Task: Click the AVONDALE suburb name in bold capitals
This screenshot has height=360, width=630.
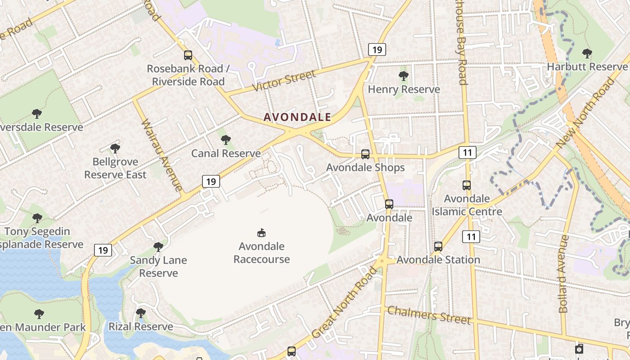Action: click(x=297, y=117)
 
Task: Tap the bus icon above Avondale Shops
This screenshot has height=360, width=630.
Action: click(x=365, y=154)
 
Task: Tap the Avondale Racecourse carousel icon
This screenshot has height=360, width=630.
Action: click(x=261, y=233)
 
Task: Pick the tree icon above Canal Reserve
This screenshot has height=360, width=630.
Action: click(x=226, y=140)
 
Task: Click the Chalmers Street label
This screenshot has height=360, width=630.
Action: click(x=429, y=315)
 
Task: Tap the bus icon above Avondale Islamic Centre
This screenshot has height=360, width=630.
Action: click(x=467, y=185)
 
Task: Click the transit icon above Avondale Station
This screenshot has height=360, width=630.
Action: click(x=438, y=247)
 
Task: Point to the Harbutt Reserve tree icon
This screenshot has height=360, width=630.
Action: click(x=587, y=54)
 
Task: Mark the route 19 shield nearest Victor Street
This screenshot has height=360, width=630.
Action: click(x=377, y=49)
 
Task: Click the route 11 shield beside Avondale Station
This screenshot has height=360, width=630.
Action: click(x=471, y=237)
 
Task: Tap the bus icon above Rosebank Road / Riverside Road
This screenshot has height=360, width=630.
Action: click(x=188, y=55)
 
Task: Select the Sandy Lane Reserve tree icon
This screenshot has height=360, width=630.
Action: click(x=158, y=247)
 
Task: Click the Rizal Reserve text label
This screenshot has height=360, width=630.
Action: click(x=141, y=327)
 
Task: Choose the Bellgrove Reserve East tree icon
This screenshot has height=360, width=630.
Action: click(x=115, y=148)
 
